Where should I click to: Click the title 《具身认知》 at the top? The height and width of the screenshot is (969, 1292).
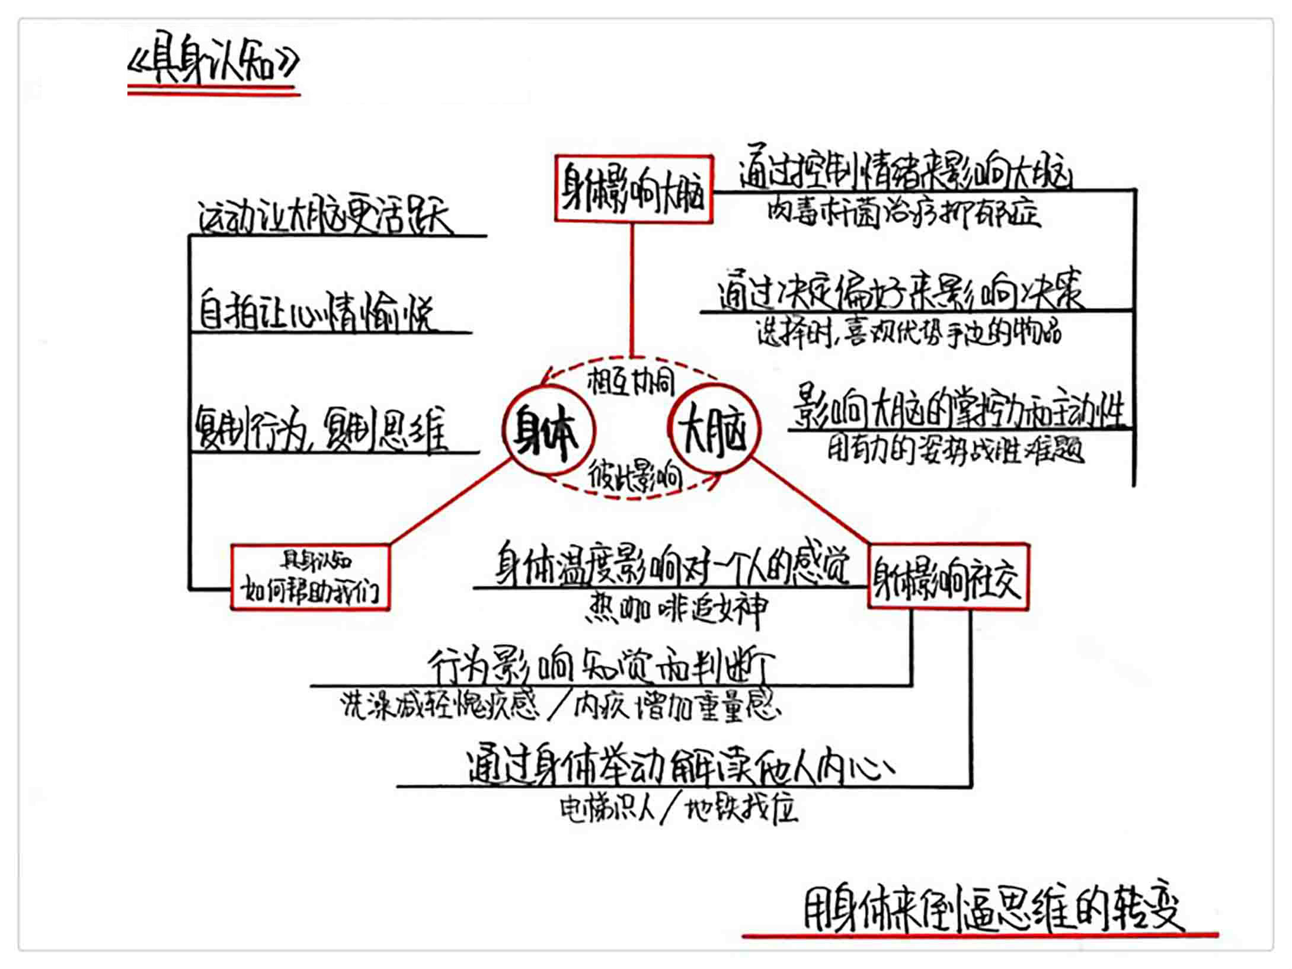[213, 63]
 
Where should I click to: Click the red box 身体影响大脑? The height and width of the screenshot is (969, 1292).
[634, 189]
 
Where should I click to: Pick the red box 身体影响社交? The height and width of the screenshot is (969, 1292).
[948, 576]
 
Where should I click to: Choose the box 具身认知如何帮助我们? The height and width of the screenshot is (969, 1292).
[310, 577]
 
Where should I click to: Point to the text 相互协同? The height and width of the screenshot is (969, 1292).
[631, 382]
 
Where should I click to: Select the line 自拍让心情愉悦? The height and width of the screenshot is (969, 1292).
[315, 312]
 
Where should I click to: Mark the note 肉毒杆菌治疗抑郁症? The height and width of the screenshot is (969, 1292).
[903, 213]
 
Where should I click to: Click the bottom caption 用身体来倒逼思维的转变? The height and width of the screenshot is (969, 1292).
[993, 910]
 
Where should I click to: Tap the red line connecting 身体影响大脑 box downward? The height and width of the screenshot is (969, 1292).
[632, 290]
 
